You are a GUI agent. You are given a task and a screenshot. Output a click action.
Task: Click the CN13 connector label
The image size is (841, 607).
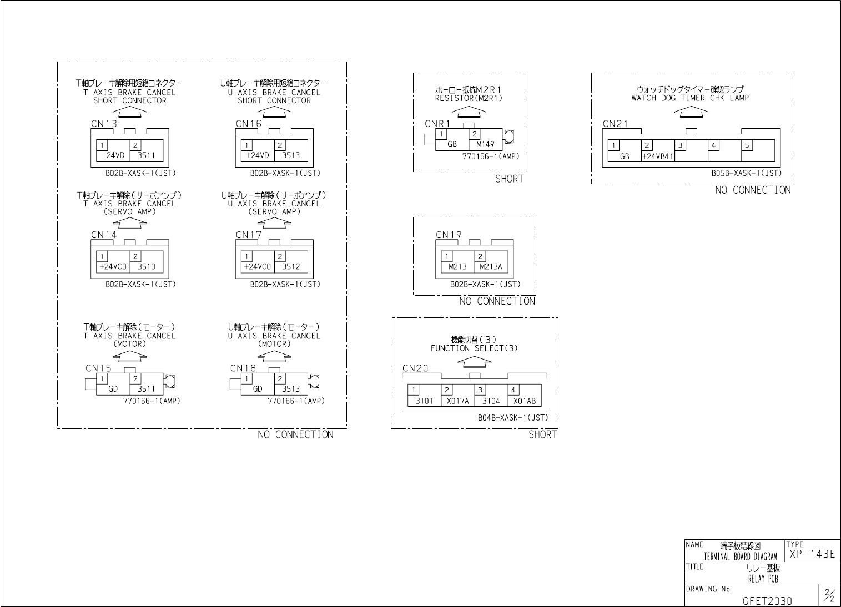(x=104, y=124)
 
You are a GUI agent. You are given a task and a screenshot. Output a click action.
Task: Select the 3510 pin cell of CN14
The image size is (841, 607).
(x=147, y=266)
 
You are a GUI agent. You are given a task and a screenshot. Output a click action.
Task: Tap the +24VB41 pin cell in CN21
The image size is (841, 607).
(x=657, y=156)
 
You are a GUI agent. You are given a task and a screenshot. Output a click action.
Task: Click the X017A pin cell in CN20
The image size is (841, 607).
(x=458, y=401)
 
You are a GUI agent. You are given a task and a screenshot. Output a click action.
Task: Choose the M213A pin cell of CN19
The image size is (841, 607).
(x=491, y=266)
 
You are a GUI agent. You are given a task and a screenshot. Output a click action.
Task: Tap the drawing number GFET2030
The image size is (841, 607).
(x=767, y=600)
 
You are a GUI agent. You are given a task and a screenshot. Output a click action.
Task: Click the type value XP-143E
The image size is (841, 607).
(x=812, y=554)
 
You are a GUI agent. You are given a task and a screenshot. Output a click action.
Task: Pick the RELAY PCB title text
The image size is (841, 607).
(x=763, y=579)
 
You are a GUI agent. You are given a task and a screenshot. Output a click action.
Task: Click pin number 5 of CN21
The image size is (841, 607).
(x=747, y=145)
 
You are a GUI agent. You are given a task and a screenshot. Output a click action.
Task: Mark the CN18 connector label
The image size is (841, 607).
(x=243, y=368)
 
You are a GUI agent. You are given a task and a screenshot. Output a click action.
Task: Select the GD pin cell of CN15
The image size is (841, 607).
(x=113, y=389)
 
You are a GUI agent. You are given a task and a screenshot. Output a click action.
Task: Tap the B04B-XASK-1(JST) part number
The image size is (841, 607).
(x=512, y=418)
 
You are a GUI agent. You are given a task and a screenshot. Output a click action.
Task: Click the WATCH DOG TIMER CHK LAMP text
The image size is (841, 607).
(x=690, y=98)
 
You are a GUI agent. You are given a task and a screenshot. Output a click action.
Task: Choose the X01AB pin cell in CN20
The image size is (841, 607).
(x=524, y=401)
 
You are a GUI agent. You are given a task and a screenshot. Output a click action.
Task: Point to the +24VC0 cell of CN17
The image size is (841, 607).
(x=258, y=266)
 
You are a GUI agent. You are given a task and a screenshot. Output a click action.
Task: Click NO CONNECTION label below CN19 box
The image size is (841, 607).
(x=497, y=301)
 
